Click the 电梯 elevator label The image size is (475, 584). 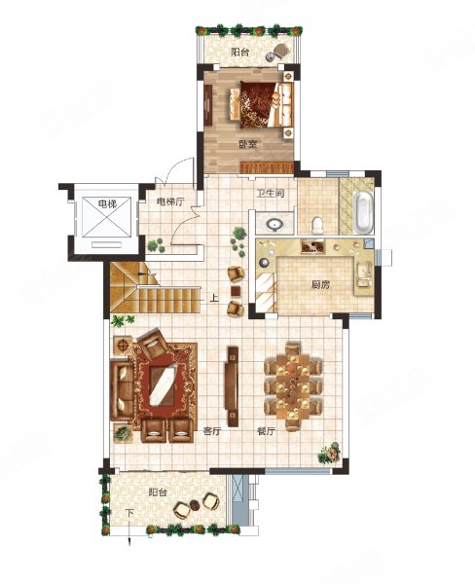click(x=107, y=203)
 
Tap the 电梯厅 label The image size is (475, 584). click(x=170, y=201)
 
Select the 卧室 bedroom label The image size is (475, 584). click(x=248, y=144)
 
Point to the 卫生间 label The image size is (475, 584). click(x=271, y=194)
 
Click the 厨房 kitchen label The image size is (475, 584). click(x=320, y=285)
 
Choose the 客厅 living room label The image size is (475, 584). click(x=212, y=431)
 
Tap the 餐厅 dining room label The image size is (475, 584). click(x=266, y=431)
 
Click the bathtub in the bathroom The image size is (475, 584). click(x=362, y=211)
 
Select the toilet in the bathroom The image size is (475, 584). click(x=317, y=226)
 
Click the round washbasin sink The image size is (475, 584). click(x=274, y=225)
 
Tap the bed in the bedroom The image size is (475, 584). click(x=262, y=105)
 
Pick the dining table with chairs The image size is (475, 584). click(x=293, y=386)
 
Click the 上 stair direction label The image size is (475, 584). click(x=213, y=298)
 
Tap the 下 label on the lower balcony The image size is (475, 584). click(x=128, y=513)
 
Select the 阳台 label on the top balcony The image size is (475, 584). click(x=239, y=52)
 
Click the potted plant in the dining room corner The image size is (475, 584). click(x=329, y=453)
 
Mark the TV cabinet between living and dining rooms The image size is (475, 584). click(x=233, y=386)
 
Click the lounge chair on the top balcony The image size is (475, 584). click(x=277, y=53)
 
